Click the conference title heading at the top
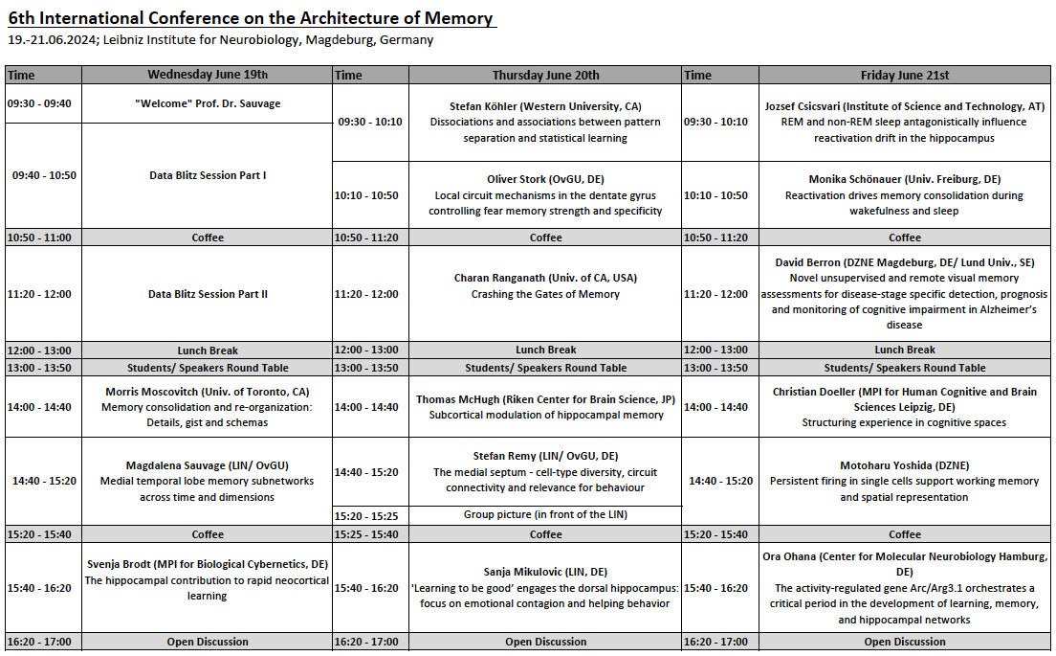[251, 18]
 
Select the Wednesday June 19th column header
[208, 75]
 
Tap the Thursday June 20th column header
[545, 75]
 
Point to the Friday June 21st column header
[905, 75]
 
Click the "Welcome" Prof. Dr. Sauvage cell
[208, 103]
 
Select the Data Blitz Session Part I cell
[208, 175]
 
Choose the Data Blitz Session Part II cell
[208, 294]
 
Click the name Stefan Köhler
[483, 106]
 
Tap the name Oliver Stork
[517, 179]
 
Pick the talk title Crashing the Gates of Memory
[545, 294]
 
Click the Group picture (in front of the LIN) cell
[545, 514]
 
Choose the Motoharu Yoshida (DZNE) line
[905, 465]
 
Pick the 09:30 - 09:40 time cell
[44, 103]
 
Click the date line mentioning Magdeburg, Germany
[220, 40]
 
